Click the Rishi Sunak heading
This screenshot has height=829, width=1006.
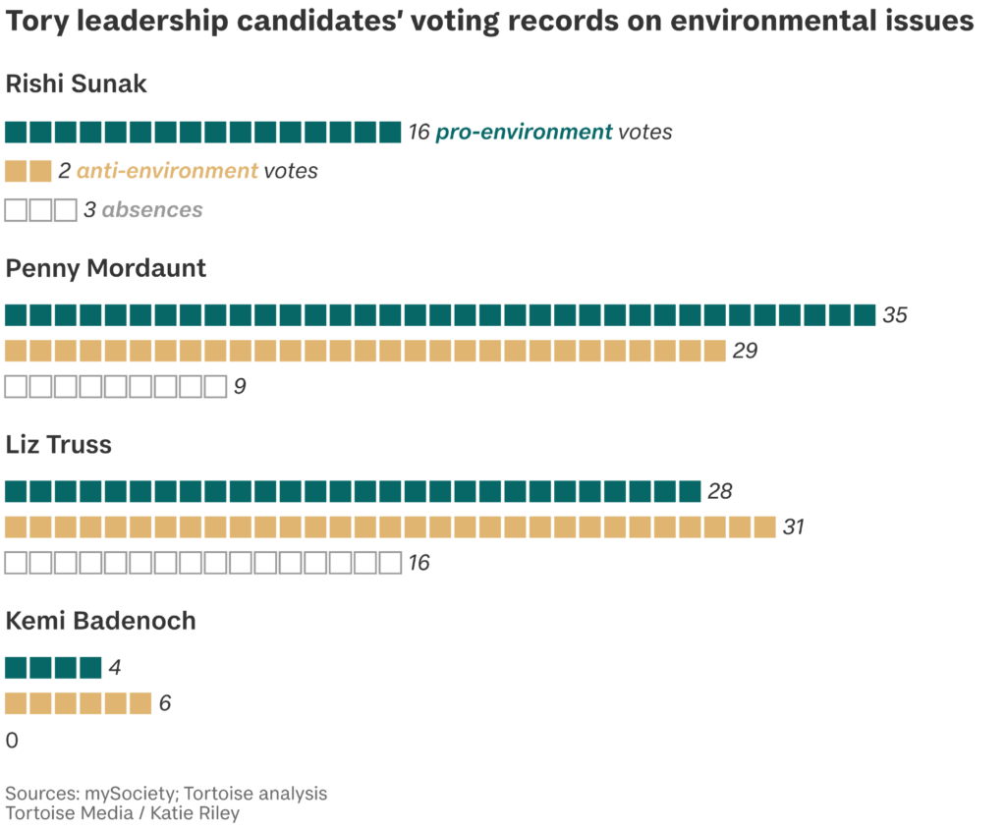(x=77, y=84)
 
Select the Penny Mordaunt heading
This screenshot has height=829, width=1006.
(x=106, y=268)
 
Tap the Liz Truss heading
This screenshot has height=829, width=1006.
(x=59, y=445)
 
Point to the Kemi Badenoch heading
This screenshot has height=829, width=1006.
(x=101, y=621)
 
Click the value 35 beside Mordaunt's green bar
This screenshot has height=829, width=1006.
(x=895, y=315)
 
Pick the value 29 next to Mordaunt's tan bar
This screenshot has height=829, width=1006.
(x=745, y=351)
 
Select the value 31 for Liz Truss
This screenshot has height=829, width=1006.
(x=793, y=527)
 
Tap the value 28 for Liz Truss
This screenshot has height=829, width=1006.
(x=720, y=492)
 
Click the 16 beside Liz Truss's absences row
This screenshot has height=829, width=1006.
(x=419, y=564)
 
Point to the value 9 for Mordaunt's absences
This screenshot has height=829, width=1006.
(x=239, y=387)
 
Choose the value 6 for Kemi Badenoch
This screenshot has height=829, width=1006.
(x=165, y=704)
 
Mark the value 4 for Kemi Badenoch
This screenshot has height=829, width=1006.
(x=115, y=669)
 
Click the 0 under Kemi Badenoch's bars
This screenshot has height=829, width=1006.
(x=12, y=741)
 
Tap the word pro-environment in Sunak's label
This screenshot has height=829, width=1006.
(x=524, y=132)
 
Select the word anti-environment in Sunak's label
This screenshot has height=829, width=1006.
(x=167, y=171)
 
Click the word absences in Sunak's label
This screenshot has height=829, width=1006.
(x=152, y=210)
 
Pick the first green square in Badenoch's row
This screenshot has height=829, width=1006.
(x=16, y=668)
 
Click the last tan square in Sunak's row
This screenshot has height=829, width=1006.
(x=40, y=171)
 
